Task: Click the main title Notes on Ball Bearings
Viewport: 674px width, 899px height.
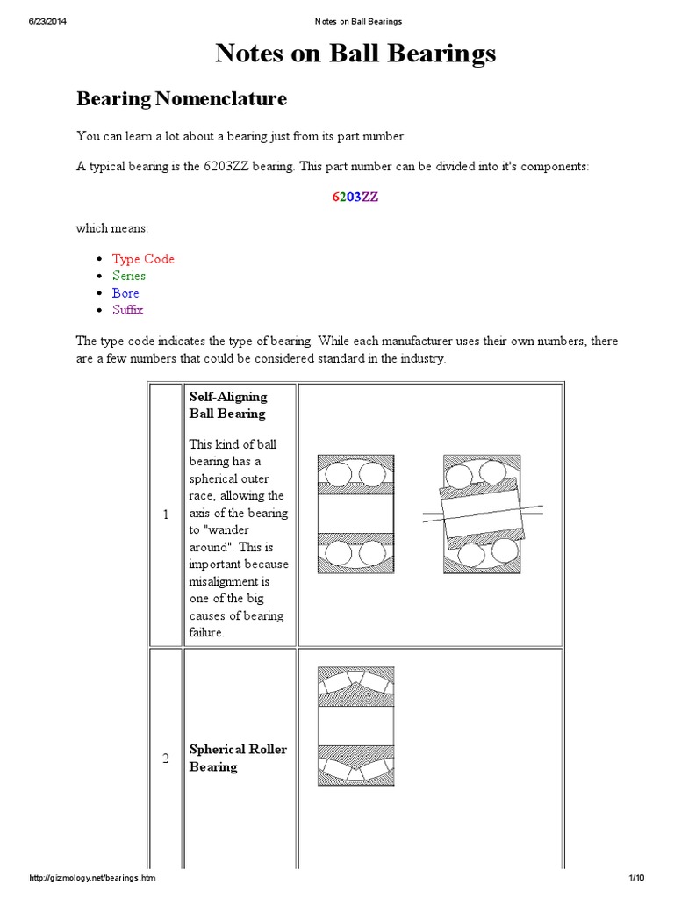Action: (355, 54)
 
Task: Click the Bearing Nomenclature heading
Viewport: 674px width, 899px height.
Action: (182, 98)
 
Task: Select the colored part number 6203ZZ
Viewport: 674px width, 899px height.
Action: (355, 197)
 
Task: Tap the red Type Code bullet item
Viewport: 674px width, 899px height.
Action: (143, 259)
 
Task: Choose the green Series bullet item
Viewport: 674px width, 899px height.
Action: (129, 276)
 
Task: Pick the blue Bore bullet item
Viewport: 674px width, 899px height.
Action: (125, 293)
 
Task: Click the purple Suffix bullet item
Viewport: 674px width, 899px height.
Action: (127, 310)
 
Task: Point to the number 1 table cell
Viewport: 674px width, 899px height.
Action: (165, 514)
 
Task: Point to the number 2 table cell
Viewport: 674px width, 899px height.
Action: (165, 759)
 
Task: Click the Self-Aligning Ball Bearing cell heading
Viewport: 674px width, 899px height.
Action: (228, 405)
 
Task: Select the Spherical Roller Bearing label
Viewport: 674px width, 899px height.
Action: (238, 759)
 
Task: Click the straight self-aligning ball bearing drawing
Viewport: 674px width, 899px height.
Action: (355, 514)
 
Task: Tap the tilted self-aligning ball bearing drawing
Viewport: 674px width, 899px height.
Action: (482, 514)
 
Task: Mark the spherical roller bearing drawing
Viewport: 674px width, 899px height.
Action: (355, 725)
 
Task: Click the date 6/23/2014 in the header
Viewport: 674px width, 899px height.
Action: (41, 21)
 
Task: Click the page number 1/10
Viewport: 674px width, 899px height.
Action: (636, 878)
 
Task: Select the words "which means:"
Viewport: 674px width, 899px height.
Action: (112, 228)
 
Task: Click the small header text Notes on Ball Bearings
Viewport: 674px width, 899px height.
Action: (356, 21)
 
